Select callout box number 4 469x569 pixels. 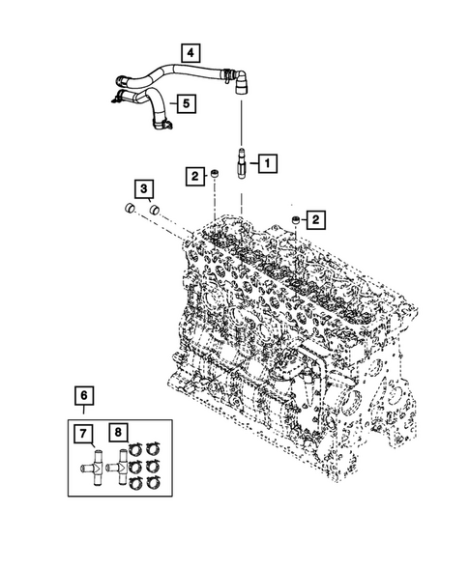coord(191,52)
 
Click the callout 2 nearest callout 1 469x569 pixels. coord(195,175)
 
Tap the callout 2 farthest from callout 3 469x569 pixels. coord(316,221)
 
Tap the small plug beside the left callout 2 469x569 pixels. coord(215,175)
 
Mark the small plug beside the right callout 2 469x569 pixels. coord(294,224)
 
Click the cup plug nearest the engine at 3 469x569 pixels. coord(154,209)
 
